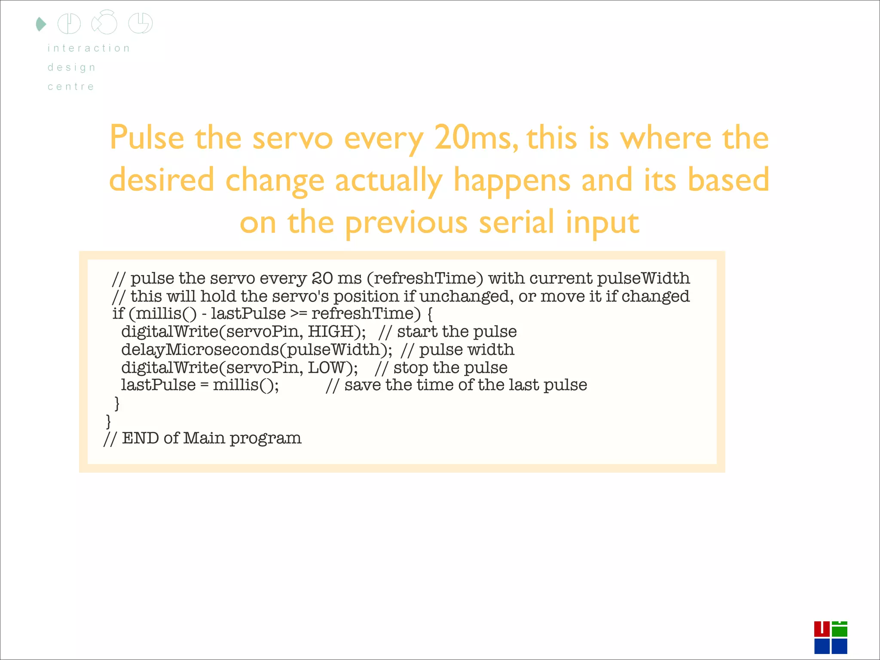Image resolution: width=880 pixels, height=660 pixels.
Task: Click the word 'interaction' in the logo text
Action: click(89, 48)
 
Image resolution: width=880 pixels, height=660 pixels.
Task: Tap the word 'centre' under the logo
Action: click(71, 86)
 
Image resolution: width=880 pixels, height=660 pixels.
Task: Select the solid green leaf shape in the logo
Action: click(41, 24)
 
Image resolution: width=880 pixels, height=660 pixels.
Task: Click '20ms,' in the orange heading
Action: click(476, 138)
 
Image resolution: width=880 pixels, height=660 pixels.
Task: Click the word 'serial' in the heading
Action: click(516, 222)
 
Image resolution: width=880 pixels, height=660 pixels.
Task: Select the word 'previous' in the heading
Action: click(406, 223)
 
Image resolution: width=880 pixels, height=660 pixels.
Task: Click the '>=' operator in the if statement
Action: click(299, 314)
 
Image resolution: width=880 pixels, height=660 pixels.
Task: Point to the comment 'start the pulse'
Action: click(457, 331)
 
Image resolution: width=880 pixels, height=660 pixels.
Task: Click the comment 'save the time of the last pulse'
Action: click(465, 385)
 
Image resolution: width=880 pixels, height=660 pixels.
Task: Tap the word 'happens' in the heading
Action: click(512, 180)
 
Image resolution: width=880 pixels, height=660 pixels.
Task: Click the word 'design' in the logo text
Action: click(72, 67)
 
